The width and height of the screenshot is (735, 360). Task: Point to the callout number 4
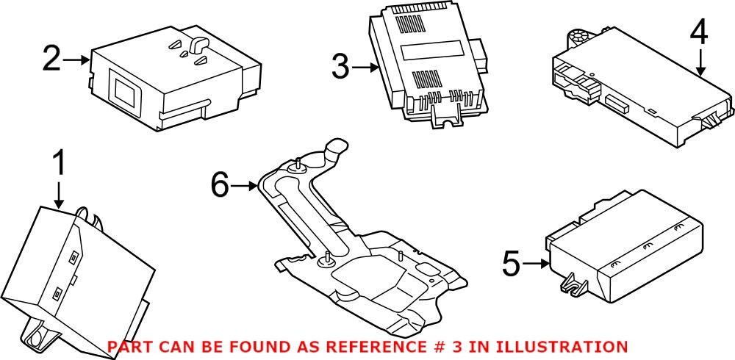(x=699, y=32)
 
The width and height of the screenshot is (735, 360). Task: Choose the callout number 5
(x=512, y=262)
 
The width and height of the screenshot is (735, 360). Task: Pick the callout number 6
(x=220, y=186)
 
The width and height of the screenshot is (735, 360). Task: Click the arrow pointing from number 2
(x=76, y=59)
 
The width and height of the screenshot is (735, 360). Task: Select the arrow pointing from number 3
(x=365, y=68)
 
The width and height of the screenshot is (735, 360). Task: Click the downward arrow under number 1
(x=59, y=194)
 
